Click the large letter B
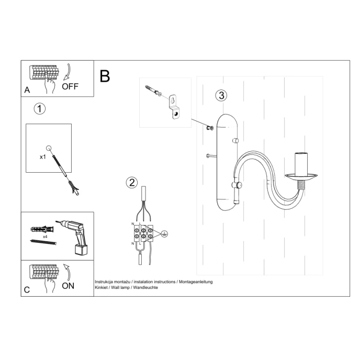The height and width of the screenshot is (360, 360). (105, 76)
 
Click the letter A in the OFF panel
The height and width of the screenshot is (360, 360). (27, 91)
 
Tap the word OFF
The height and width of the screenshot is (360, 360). (70, 87)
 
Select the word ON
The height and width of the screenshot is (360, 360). (68, 286)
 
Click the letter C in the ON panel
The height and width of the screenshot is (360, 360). (27, 289)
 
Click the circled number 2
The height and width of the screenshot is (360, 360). (132, 182)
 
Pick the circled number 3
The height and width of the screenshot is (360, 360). (221, 95)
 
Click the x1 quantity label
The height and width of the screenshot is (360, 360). (43, 156)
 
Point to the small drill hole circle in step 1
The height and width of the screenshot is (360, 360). (49, 149)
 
